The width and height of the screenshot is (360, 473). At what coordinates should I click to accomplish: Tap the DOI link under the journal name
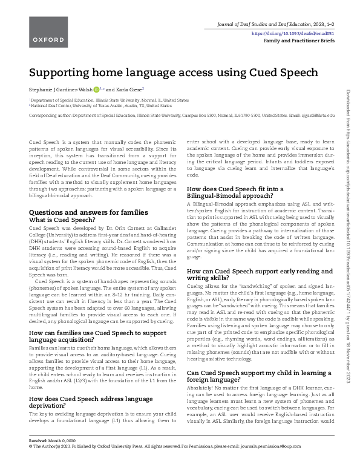pyautogui.click(x=300, y=34)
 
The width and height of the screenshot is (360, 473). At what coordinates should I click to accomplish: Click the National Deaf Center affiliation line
pyautogui.click(x=96, y=105)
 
